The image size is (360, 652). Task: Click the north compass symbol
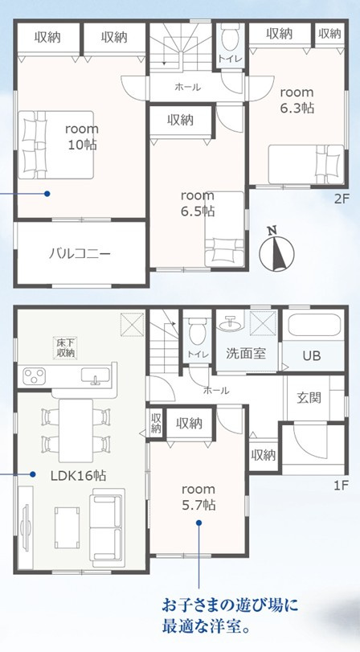pos(276,250)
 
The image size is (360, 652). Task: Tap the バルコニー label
pos(80,252)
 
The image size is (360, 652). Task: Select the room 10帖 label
pos(82,137)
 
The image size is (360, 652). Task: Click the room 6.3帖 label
pos(297,100)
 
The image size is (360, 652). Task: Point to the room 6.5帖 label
pos(198,203)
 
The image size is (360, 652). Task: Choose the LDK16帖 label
pos(78,475)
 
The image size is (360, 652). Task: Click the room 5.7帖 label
pos(198,497)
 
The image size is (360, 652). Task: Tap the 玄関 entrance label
pos(309,398)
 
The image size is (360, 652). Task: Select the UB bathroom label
pos(311,356)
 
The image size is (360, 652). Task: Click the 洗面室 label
pos(246,354)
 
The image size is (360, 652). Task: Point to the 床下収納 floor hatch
pos(64,348)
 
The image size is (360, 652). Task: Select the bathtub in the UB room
pos(314,325)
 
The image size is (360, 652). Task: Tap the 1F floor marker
pos(340,485)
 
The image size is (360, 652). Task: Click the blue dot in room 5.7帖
pos(198,523)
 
